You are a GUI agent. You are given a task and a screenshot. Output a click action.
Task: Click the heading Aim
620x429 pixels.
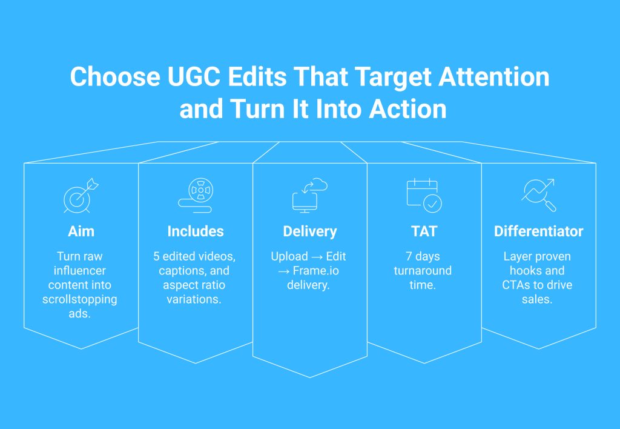pyautogui.click(x=81, y=231)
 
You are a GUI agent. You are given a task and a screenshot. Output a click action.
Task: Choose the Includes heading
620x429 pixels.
pyautogui.click(x=196, y=231)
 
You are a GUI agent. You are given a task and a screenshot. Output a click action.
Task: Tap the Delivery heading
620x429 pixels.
pyautogui.click(x=310, y=231)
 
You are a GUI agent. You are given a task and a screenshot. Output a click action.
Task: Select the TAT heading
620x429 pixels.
pyautogui.click(x=424, y=231)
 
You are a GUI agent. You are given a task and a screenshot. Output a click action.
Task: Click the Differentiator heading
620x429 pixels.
pyautogui.click(x=538, y=231)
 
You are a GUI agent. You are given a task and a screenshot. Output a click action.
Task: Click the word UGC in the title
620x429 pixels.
pyautogui.click(x=194, y=76)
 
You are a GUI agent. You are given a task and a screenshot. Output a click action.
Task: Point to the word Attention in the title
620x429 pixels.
pyautogui.click(x=494, y=76)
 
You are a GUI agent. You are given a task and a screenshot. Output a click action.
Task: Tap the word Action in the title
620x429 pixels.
pyautogui.click(x=407, y=109)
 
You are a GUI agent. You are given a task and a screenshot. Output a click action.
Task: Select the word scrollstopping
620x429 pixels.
pyautogui.click(x=79, y=299)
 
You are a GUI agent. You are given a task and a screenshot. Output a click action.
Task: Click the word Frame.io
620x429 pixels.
pyautogui.click(x=315, y=271)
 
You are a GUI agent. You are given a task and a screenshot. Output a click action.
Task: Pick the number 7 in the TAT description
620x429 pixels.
pyautogui.click(x=409, y=256)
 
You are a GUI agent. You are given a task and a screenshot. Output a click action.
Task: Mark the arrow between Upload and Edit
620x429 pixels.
pyautogui.click(x=317, y=258)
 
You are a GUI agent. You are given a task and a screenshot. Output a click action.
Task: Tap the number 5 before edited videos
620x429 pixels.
pyautogui.click(x=156, y=256)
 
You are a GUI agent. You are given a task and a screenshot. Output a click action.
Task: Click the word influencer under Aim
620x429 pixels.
pyautogui.click(x=79, y=271)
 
